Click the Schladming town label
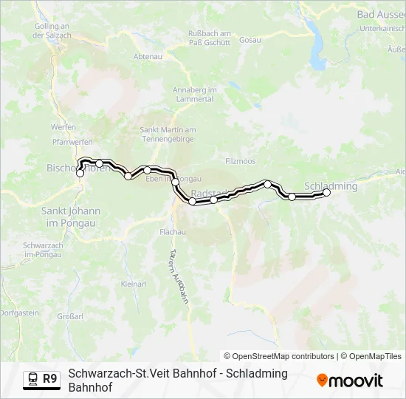click(331, 186)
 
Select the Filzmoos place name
click(240, 160)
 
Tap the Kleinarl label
click(134, 283)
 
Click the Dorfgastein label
click(19, 313)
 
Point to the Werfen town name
click(63, 127)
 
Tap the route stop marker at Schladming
click(327, 192)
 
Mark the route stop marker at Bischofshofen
click(80, 174)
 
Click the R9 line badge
click(49, 379)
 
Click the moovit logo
click(349, 381)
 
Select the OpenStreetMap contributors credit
click(280, 355)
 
